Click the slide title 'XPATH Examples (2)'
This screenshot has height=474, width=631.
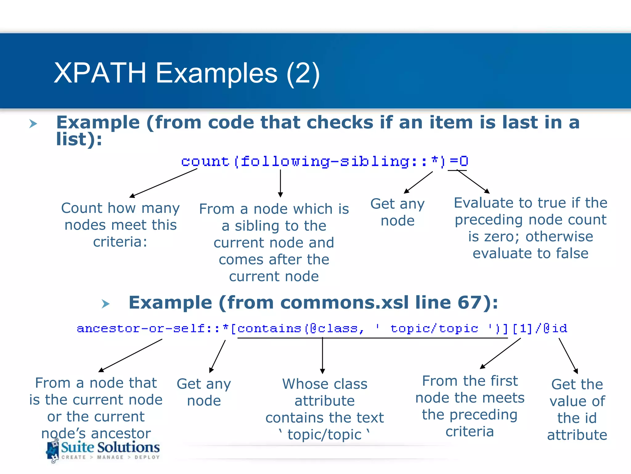187,73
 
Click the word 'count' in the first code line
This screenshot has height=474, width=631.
205,161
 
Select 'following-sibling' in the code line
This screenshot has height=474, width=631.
325,161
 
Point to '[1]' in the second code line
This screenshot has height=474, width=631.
522,328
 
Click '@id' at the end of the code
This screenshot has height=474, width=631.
555,328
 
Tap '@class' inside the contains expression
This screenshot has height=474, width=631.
334,328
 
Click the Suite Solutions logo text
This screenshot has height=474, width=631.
110,447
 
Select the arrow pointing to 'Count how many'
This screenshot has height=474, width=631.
163,183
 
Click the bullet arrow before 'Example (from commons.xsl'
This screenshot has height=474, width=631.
106,304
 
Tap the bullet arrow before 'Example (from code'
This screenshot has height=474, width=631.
33,124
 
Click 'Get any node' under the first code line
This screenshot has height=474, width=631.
397,212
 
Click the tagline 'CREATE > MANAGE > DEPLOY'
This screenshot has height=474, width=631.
111,457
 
